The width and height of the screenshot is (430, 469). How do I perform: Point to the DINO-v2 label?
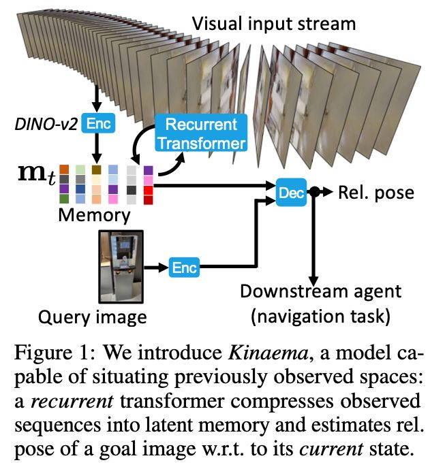[44, 124]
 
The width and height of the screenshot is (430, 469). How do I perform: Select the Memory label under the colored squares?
[93, 216]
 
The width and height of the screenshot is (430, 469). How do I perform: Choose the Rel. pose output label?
[375, 193]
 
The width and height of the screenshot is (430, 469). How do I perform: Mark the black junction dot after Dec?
[314, 193]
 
